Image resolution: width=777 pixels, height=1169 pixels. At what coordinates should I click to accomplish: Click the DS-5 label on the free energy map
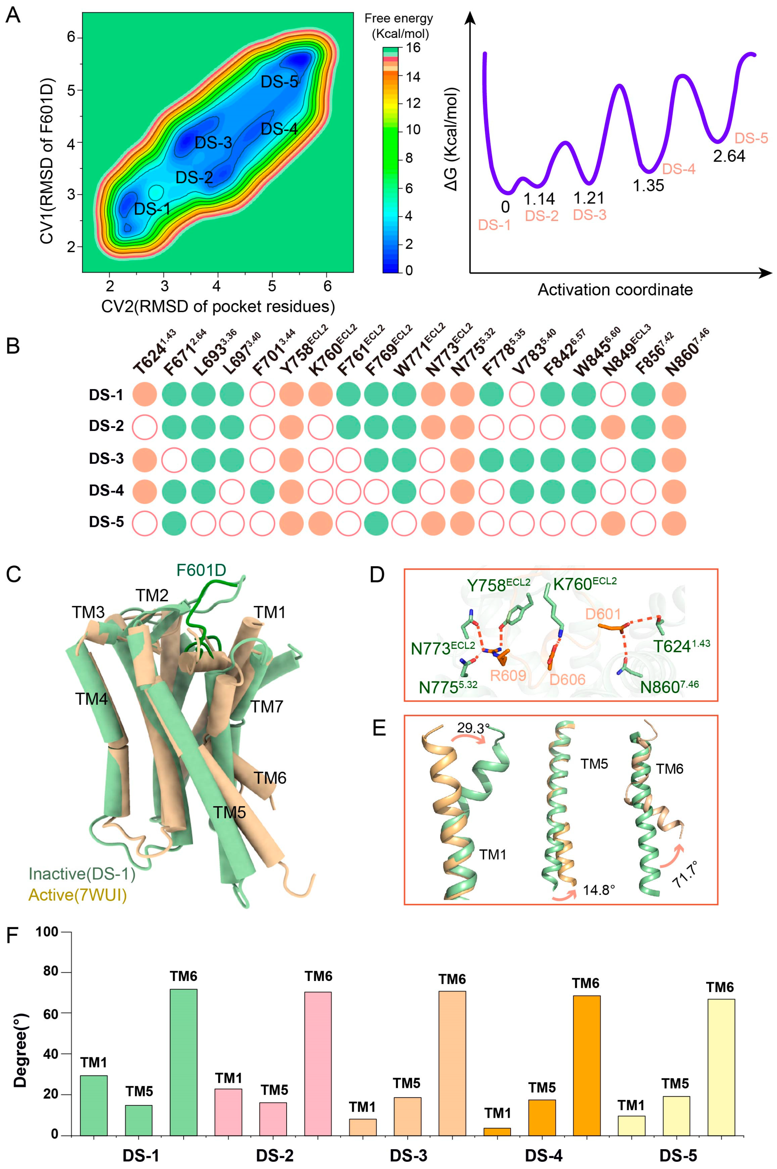point(280,82)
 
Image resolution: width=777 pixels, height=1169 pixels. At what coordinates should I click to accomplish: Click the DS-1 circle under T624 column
point(145,395)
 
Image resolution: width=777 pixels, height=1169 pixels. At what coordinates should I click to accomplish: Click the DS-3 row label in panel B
point(106,458)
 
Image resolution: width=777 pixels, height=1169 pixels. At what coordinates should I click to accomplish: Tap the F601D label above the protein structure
point(201,570)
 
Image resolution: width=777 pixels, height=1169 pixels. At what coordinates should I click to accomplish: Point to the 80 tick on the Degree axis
point(50,972)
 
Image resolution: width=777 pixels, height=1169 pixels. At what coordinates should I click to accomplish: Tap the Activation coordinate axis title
point(615,289)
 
